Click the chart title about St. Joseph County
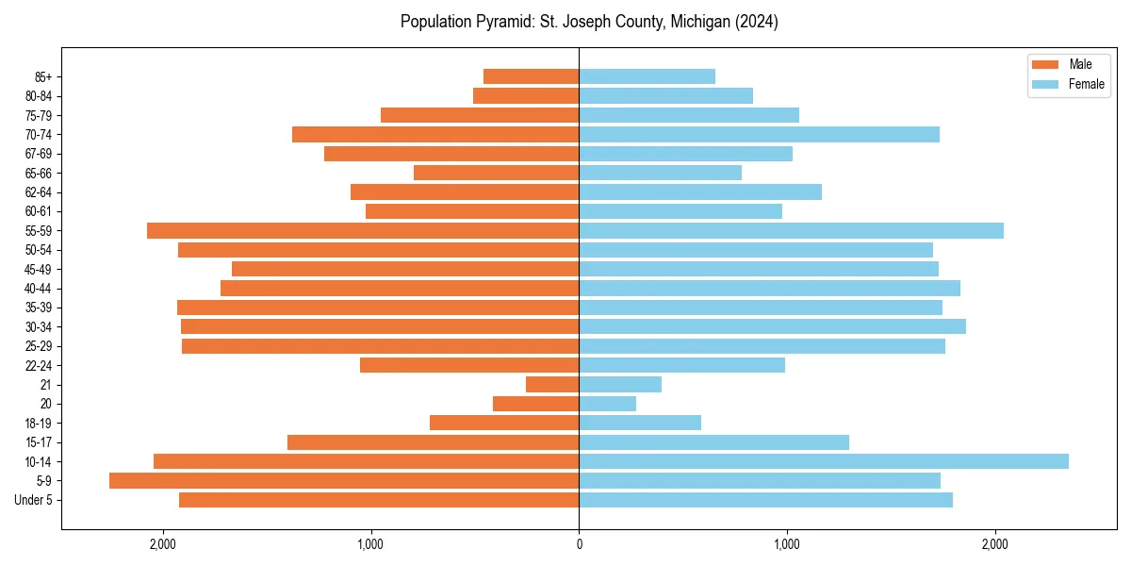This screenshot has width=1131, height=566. (x=589, y=22)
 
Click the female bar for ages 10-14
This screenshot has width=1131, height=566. (x=823, y=461)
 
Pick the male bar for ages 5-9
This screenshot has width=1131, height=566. (x=344, y=480)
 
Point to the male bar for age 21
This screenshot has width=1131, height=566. (x=552, y=384)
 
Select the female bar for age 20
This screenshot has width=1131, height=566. (x=607, y=404)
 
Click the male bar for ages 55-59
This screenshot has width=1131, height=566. (x=363, y=230)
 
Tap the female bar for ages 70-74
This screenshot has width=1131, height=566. (x=759, y=134)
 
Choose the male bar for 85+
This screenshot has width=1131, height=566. (x=531, y=76)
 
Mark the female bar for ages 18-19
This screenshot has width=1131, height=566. (x=640, y=423)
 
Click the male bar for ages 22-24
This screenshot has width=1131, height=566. (x=469, y=365)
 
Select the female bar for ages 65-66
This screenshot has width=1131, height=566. (x=660, y=173)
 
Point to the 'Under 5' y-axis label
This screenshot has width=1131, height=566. (x=33, y=500)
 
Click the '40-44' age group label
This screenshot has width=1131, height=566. (x=39, y=289)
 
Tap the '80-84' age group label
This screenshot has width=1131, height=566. (x=39, y=96)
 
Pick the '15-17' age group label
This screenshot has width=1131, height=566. (x=39, y=442)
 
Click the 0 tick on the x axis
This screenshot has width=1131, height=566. (x=579, y=544)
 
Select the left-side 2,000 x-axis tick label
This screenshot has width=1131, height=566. (x=163, y=544)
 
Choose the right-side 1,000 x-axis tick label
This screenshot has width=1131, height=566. (x=786, y=544)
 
